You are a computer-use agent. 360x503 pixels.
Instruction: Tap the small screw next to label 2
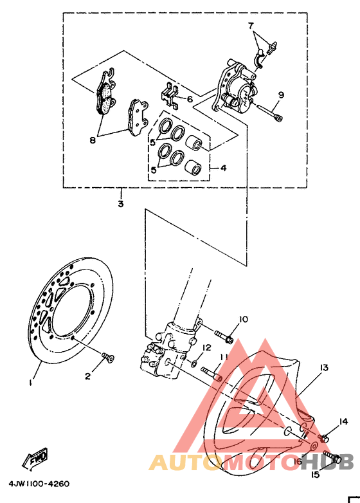[107, 356]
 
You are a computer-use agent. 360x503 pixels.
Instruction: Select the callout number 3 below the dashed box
[120, 204]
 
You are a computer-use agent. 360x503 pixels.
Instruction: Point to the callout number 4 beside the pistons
[223, 168]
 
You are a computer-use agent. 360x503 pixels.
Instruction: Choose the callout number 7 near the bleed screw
[251, 25]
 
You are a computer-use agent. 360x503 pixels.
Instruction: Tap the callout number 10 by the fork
[244, 319]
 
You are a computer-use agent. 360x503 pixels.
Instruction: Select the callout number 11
[223, 357]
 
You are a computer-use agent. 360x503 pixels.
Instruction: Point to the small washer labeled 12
[194, 364]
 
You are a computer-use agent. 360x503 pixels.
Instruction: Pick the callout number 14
[343, 421]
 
